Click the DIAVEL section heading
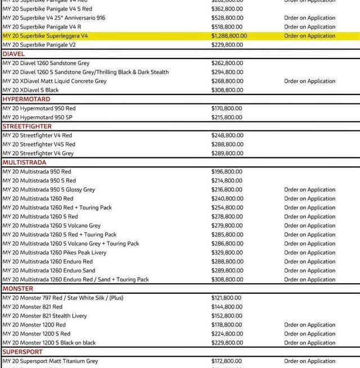pyautogui.click(x=13, y=54)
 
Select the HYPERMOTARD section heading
pyautogui.click(x=26, y=99)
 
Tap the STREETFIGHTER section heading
pyautogui.click(x=27, y=126)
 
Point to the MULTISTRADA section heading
pyautogui.click(x=24, y=162)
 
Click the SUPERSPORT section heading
pyautogui.click(x=22, y=352)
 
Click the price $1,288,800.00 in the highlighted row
pyautogui.click(x=229, y=36)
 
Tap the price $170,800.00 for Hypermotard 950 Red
pyautogui.click(x=227, y=108)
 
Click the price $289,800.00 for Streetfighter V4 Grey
pyautogui.click(x=227, y=153)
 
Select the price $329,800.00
pyautogui.click(x=227, y=253)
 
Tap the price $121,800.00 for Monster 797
pyautogui.click(x=227, y=298)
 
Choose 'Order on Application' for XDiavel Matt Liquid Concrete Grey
pyautogui.click(x=309, y=81)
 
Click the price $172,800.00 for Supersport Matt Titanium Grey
pyautogui.click(x=227, y=361)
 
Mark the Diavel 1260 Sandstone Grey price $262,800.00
pyautogui.click(x=227, y=63)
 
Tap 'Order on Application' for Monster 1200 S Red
pyautogui.click(x=309, y=334)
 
